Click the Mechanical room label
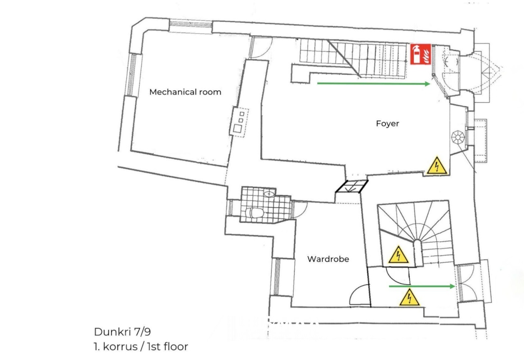coord(185,92)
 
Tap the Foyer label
coord(387,124)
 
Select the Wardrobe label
coord(328,259)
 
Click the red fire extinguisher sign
coord(421,54)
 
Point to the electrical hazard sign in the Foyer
coord(437,166)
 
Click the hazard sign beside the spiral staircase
coord(399,255)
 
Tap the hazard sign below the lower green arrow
coord(409,297)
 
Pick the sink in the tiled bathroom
coord(269,193)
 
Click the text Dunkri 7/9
coord(122,332)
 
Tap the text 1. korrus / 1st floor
coord(141,346)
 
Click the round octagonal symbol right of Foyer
coord(458,137)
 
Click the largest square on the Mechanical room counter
coord(238,128)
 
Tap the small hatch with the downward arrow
coord(352,186)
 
